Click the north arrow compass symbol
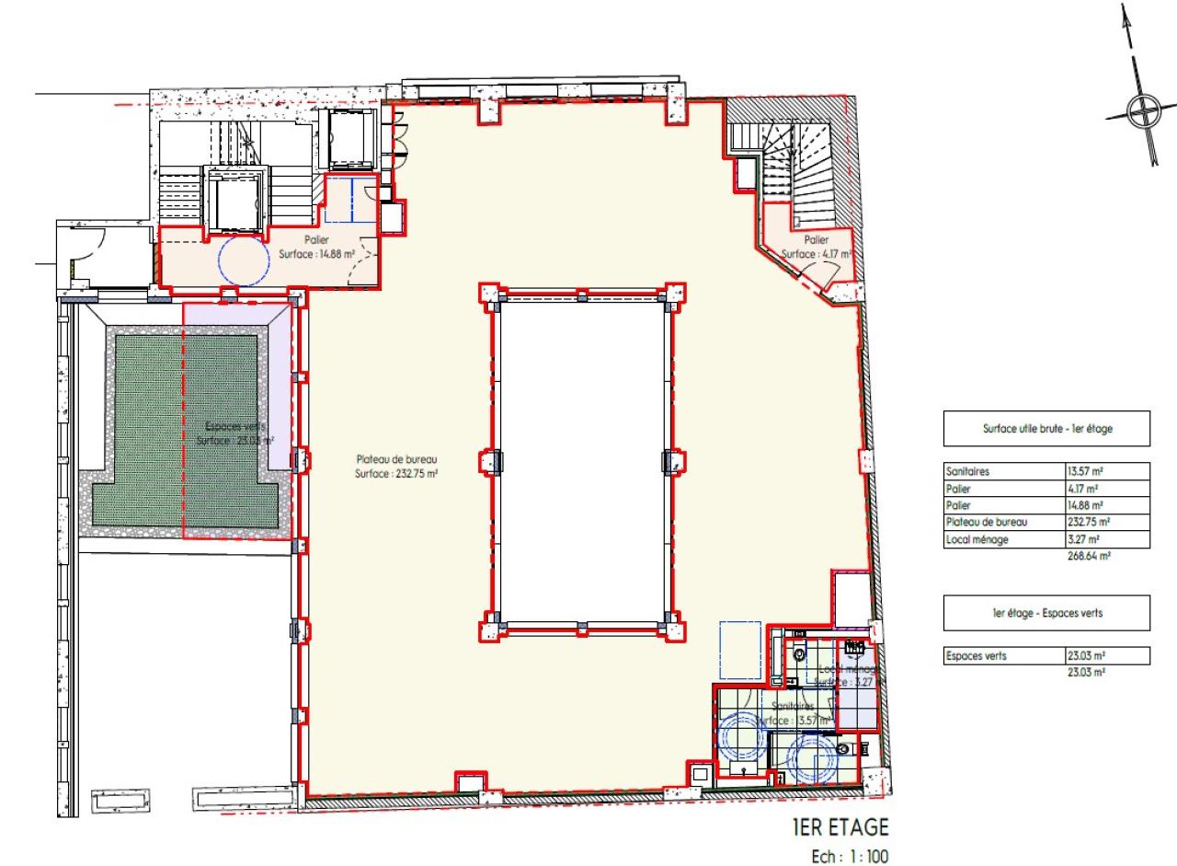(1142, 112)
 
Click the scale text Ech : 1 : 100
(850, 856)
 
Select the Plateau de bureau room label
(396, 467)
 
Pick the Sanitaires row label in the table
(965, 472)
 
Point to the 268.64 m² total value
(1086, 555)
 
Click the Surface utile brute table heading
(1046, 429)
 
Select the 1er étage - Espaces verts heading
(1046, 613)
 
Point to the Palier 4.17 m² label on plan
(816, 247)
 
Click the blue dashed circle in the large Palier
(244, 260)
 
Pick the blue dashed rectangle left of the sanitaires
(739, 650)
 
